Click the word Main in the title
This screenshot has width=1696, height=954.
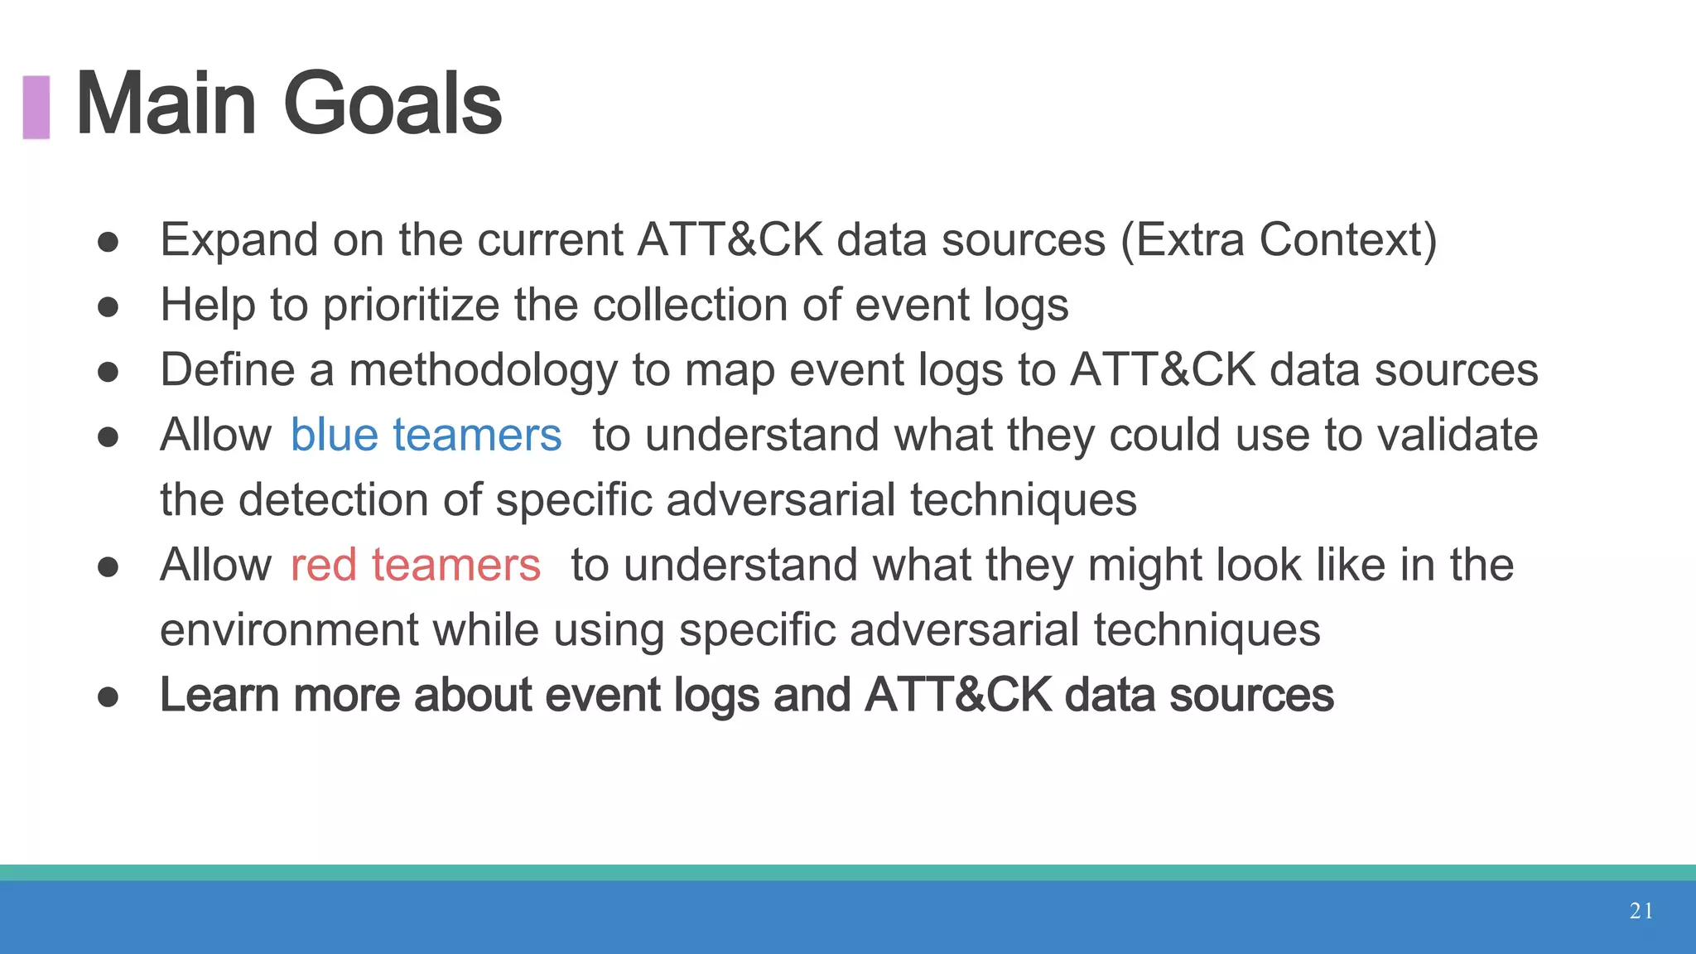pos(166,104)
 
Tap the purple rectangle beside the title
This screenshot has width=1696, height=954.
pos(36,107)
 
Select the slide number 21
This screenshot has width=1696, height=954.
pos(1641,911)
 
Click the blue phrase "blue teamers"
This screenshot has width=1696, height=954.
pos(426,435)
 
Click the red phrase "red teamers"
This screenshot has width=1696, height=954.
pos(415,566)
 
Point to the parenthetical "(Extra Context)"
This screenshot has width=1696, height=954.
pos(1279,240)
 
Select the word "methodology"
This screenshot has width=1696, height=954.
pos(483,370)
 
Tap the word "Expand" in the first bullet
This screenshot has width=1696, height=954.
pos(239,240)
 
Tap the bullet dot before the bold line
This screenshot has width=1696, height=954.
pos(108,697)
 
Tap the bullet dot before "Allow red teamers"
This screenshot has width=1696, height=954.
pos(108,567)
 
